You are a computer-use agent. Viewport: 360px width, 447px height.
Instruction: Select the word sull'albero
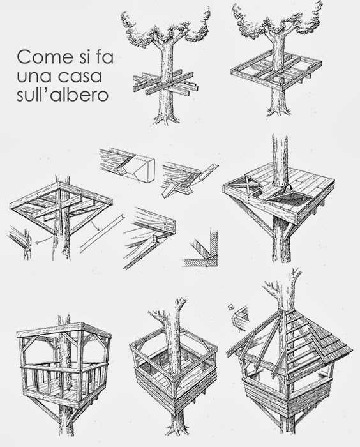click(63, 96)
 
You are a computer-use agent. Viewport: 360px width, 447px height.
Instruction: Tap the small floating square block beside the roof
click(230, 307)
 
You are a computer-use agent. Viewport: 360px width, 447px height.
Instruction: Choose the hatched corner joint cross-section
click(201, 248)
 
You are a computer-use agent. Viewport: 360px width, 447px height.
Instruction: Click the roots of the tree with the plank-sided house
click(176, 434)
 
